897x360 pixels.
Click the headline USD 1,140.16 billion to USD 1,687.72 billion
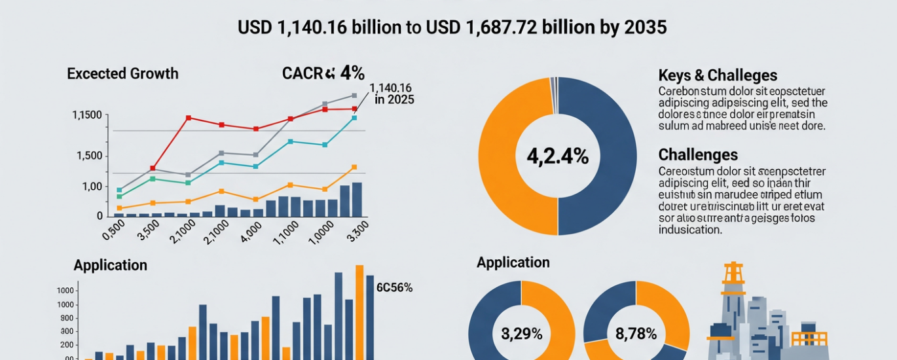(452, 27)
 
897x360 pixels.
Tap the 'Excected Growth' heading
(122, 73)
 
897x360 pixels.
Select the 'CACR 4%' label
(323, 73)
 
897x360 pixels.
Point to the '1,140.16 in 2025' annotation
(391, 94)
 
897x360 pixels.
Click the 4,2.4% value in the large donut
(557, 156)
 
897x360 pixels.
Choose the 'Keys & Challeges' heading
(718, 75)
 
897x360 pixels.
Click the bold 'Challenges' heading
(698, 155)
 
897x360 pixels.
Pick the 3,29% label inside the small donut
(522, 334)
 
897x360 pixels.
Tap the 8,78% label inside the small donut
(636, 334)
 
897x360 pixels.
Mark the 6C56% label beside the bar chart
(394, 287)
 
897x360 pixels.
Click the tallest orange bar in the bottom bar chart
(359, 312)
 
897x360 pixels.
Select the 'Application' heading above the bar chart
(110, 265)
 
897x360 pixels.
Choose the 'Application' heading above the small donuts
(513, 262)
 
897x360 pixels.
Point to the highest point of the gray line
(354, 96)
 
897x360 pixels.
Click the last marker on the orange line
(354, 168)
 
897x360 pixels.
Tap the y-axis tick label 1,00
(92, 187)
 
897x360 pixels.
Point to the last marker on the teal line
(354, 118)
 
